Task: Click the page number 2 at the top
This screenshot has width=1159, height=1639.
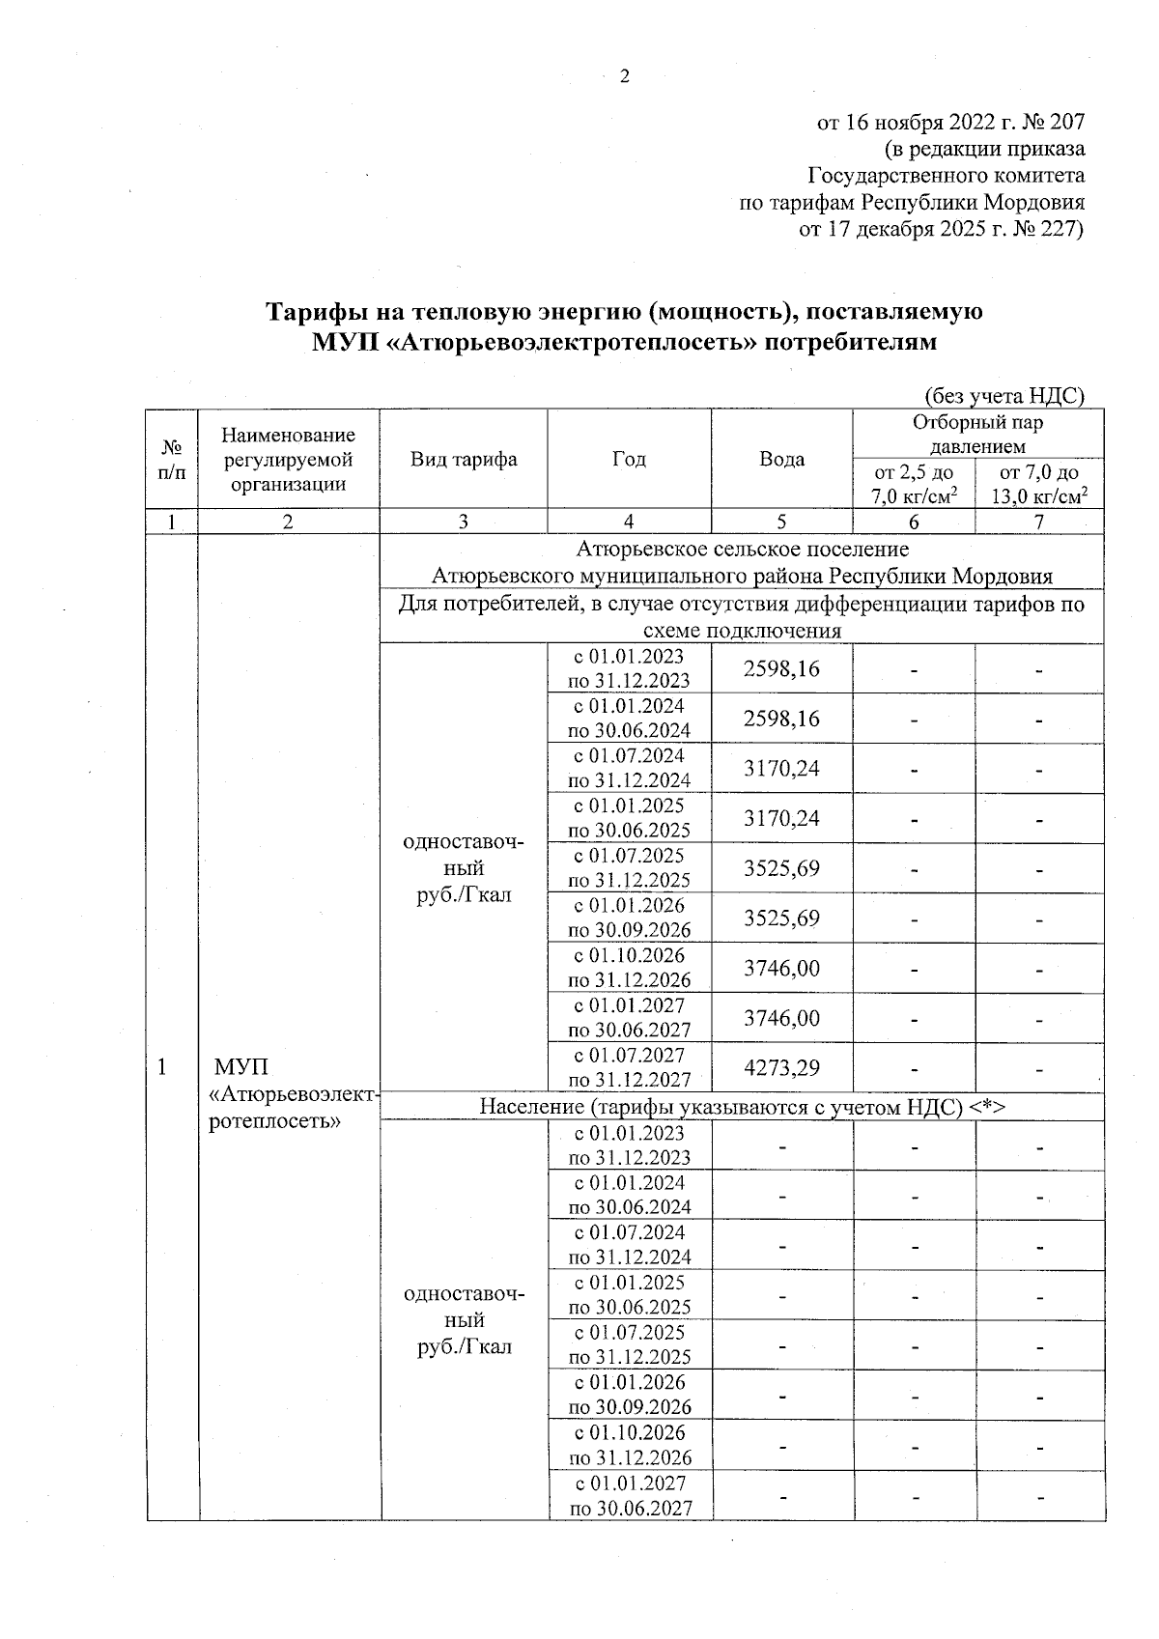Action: pos(624,76)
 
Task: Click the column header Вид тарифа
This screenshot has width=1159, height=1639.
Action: pos(464,459)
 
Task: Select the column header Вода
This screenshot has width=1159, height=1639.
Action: pos(781,459)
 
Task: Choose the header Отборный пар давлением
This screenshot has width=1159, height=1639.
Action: pos(977,434)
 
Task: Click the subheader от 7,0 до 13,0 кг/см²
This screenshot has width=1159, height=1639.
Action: pos(1039,484)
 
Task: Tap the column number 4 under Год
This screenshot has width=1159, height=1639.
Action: pos(629,522)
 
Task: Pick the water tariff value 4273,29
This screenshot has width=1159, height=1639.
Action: pos(781,1068)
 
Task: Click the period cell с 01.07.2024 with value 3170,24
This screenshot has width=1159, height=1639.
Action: pos(629,768)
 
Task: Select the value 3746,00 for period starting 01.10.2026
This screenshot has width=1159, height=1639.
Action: pos(781,968)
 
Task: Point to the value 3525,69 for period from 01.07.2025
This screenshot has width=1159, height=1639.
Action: pos(781,868)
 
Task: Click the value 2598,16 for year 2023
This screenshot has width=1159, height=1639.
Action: pos(781,668)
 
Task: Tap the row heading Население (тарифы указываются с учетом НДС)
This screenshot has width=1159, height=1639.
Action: pos(742,1107)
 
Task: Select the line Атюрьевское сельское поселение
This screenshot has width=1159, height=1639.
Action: pos(742,550)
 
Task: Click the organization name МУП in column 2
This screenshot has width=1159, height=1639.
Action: pos(240,1066)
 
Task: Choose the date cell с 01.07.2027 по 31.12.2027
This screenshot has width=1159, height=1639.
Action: pos(629,1067)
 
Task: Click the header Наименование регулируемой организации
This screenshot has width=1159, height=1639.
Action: pos(288,460)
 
